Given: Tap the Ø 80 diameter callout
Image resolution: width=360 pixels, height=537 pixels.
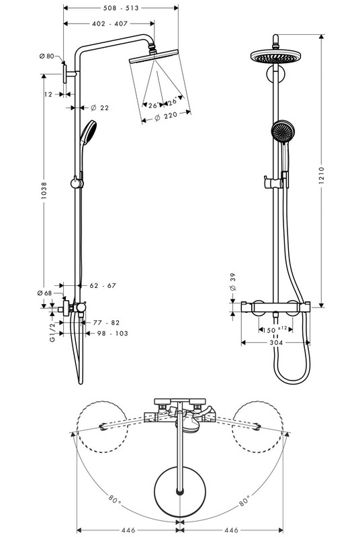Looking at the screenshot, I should coord(47,56).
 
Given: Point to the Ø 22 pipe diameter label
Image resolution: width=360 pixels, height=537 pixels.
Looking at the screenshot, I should coord(99,107).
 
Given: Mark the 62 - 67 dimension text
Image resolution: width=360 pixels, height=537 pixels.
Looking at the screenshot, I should coord(102,285).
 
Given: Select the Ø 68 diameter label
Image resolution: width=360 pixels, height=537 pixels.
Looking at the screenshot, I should coord(45,293).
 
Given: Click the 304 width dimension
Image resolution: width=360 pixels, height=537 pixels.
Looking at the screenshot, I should coord(275,342).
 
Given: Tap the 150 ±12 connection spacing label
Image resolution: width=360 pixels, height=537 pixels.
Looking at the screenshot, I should coord(275,329).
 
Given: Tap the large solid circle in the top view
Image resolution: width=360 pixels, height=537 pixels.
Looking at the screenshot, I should coord(179,492).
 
